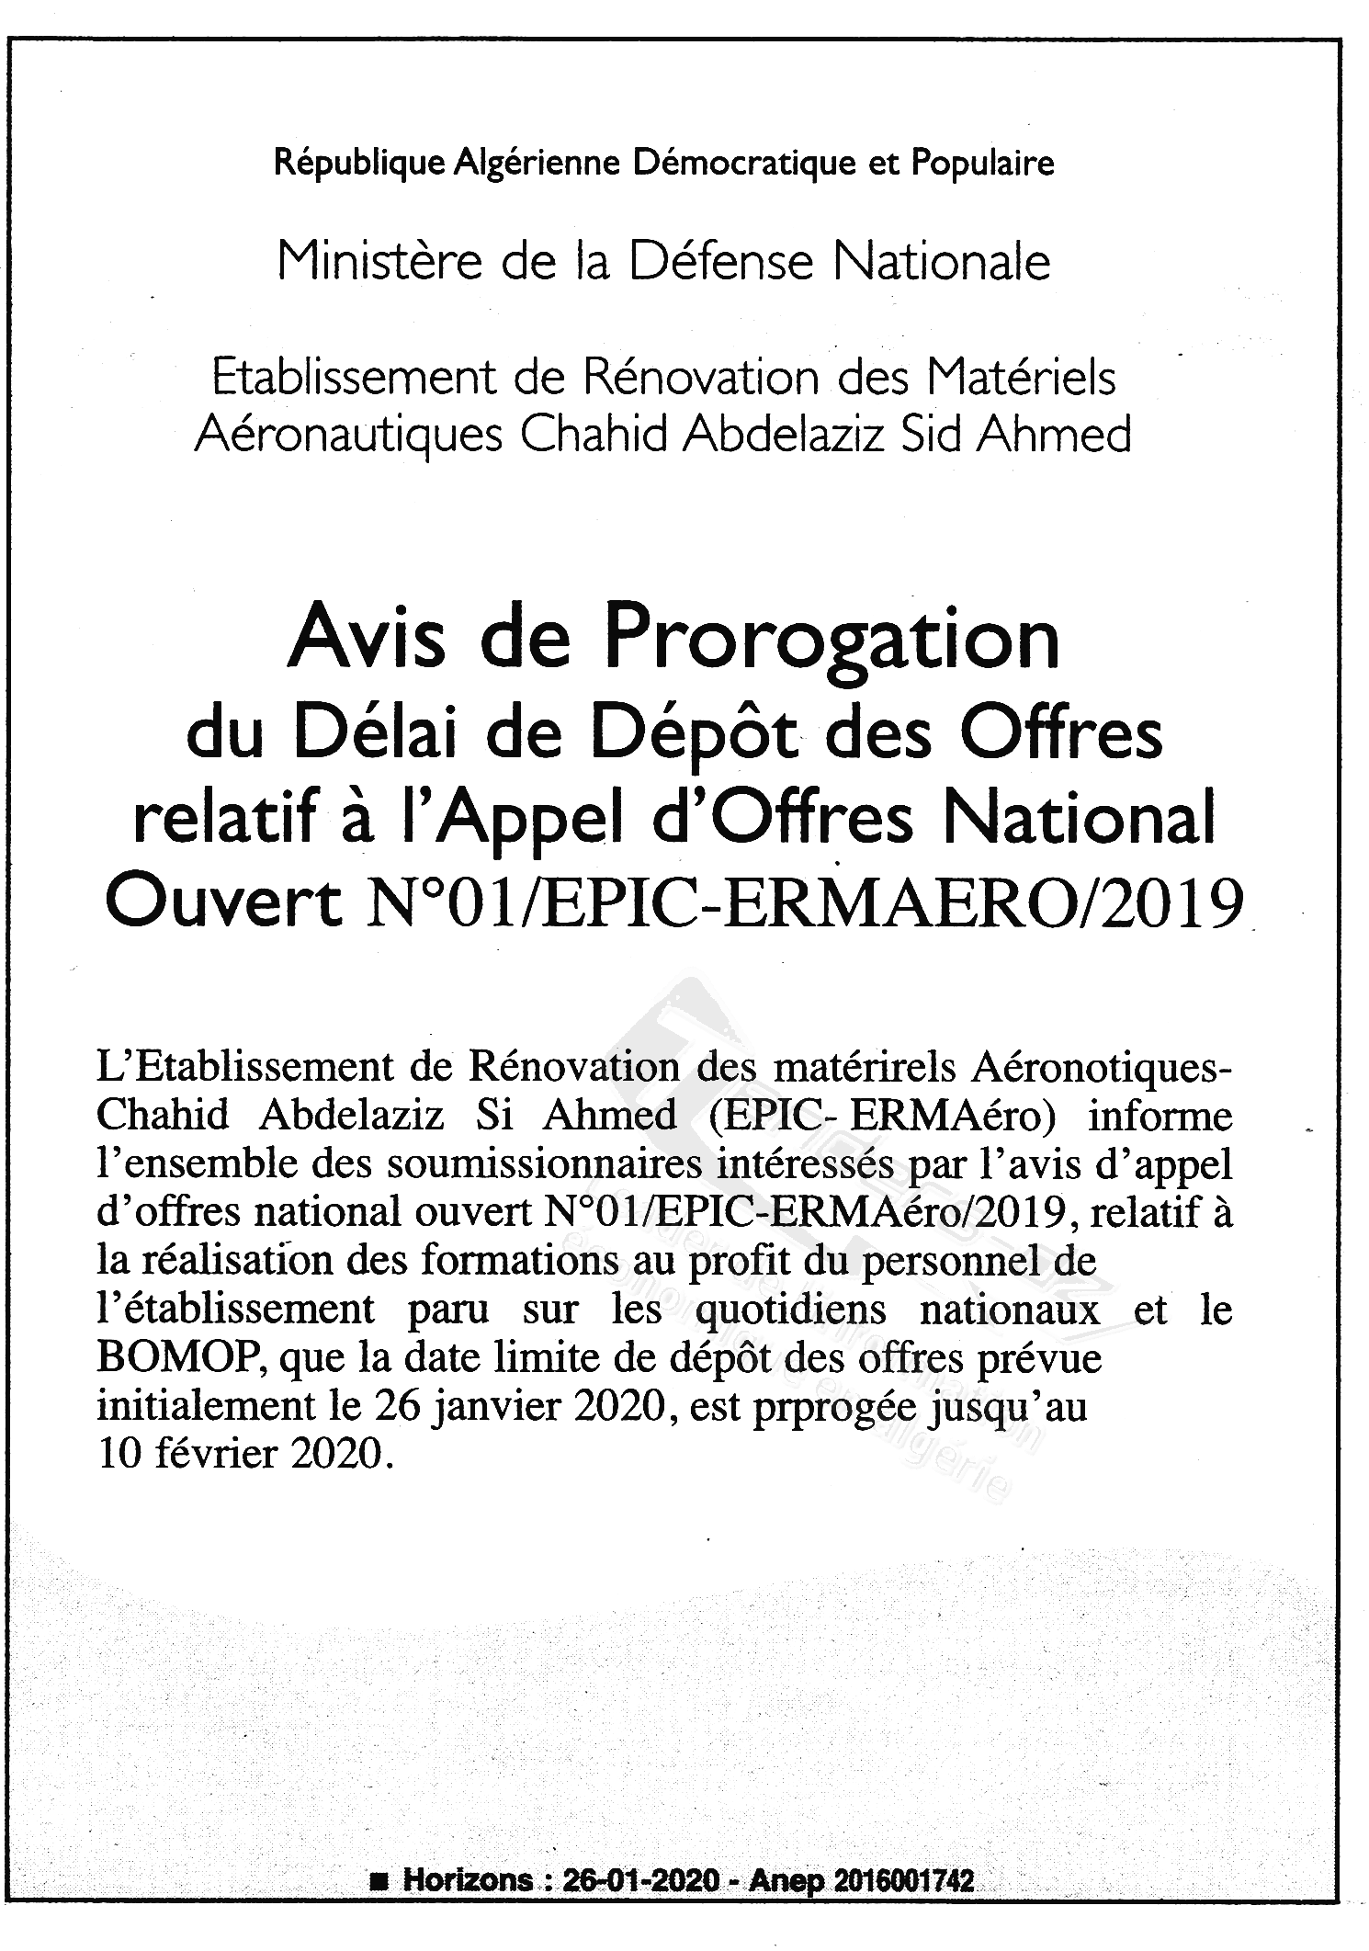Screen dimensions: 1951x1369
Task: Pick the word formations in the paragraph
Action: click(518, 1260)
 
